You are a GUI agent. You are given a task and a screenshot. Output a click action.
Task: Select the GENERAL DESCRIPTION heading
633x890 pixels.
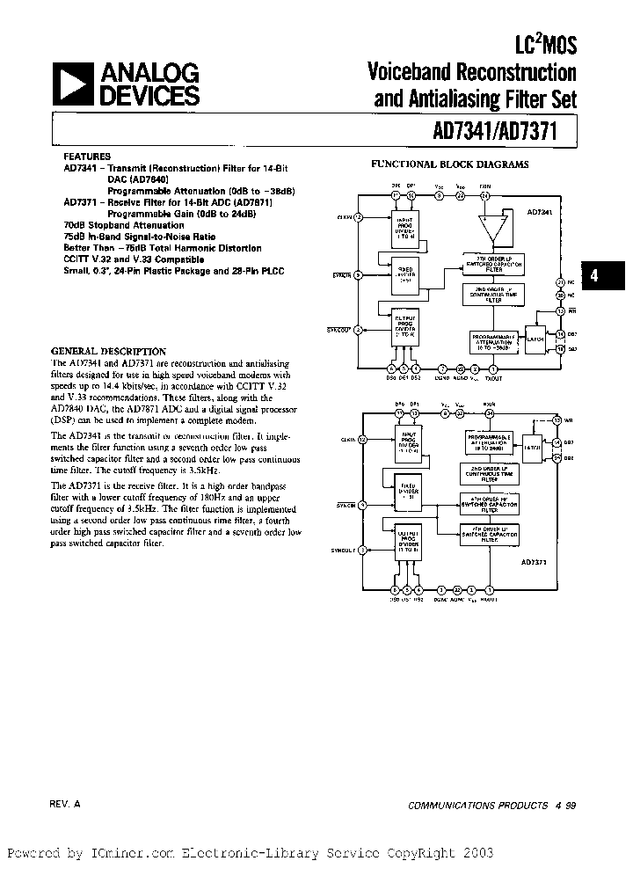(x=109, y=351)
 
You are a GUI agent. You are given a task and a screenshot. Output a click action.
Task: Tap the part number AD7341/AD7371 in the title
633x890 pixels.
(x=502, y=131)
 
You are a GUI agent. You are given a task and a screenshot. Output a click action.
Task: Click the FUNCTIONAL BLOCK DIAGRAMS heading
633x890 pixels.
(x=449, y=164)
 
